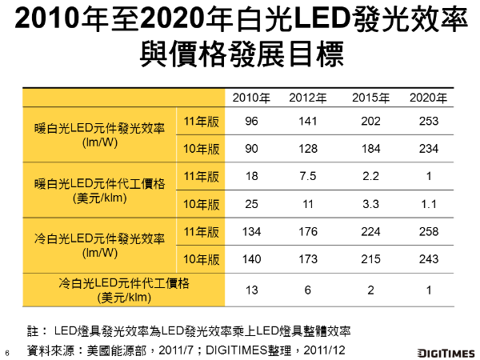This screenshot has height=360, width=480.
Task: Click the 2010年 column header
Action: click(x=251, y=98)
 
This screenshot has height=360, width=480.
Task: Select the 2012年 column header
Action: click(x=308, y=98)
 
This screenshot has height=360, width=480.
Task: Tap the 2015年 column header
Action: click(x=370, y=98)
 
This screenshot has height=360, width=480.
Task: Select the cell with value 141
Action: click(x=308, y=120)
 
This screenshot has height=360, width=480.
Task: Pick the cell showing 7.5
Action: click(x=308, y=176)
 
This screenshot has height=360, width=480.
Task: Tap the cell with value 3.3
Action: click(x=370, y=204)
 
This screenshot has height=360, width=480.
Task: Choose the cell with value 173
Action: click(x=308, y=260)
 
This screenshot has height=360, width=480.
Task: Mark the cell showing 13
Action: click(x=251, y=290)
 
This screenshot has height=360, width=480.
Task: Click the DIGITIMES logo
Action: click(x=445, y=352)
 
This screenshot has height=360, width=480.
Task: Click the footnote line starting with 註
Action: click(x=189, y=330)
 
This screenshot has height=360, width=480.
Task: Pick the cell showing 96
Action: click(x=251, y=120)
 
